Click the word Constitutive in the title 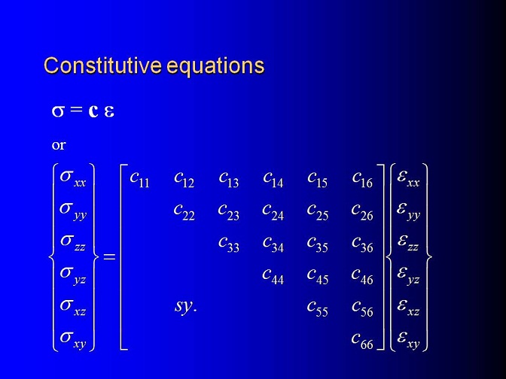tap(102, 65)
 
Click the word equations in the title tap(216, 67)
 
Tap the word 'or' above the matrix tap(59, 145)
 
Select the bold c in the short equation tap(93, 111)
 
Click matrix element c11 tap(139, 180)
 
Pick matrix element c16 tap(362, 180)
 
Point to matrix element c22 tap(184, 212)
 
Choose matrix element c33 tap(229, 244)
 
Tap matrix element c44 tap(273, 277)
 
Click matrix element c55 tap(318, 309)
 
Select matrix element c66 tap(362, 341)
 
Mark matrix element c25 tap(318, 212)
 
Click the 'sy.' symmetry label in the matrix tap(185, 306)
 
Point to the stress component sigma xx tap(73, 179)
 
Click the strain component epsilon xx tap(408, 179)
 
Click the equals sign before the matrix tap(109, 257)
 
